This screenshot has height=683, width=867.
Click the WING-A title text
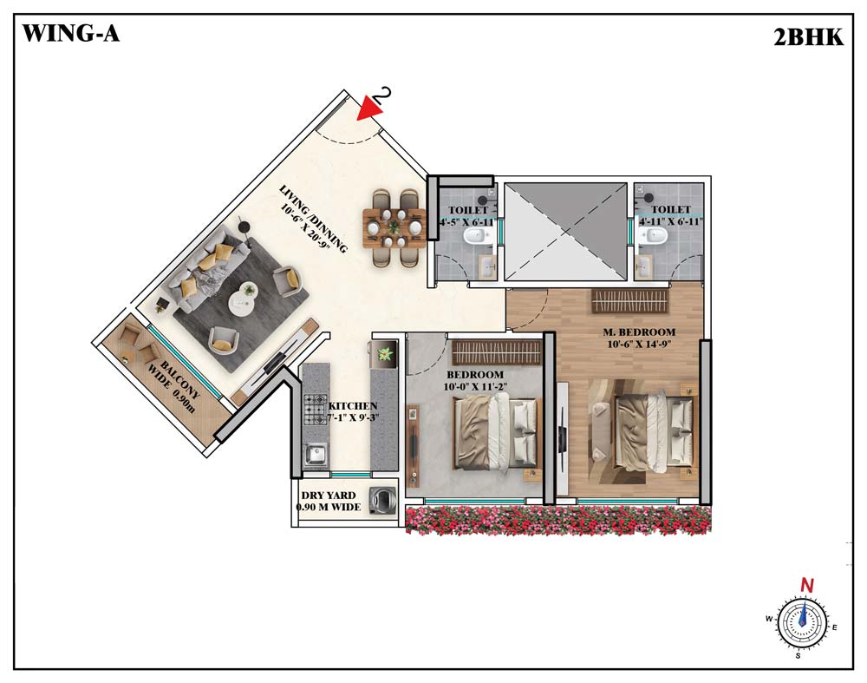click(70, 34)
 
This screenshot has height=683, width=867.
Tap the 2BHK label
click(808, 37)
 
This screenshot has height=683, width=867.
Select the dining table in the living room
click(394, 227)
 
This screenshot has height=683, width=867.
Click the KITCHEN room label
click(353, 405)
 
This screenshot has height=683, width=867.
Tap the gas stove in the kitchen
click(316, 410)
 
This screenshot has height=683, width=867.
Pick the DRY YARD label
click(329, 496)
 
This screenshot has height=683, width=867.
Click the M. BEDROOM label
click(639, 332)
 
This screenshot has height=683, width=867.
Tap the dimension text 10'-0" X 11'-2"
click(475, 387)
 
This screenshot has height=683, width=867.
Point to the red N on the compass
click(807, 585)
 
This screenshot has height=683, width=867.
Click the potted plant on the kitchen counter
click(384, 352)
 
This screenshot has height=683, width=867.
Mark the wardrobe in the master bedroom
click(629, 301)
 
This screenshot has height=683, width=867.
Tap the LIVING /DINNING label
click(314, 220)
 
